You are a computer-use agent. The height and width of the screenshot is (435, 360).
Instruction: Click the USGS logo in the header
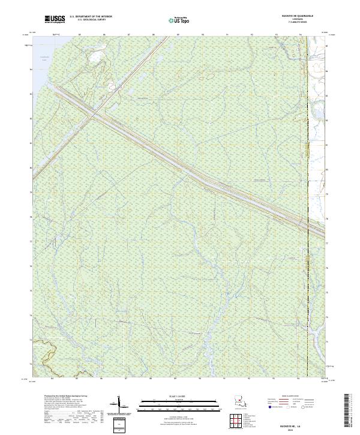55,20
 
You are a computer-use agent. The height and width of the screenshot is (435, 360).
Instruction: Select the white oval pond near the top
95,58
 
